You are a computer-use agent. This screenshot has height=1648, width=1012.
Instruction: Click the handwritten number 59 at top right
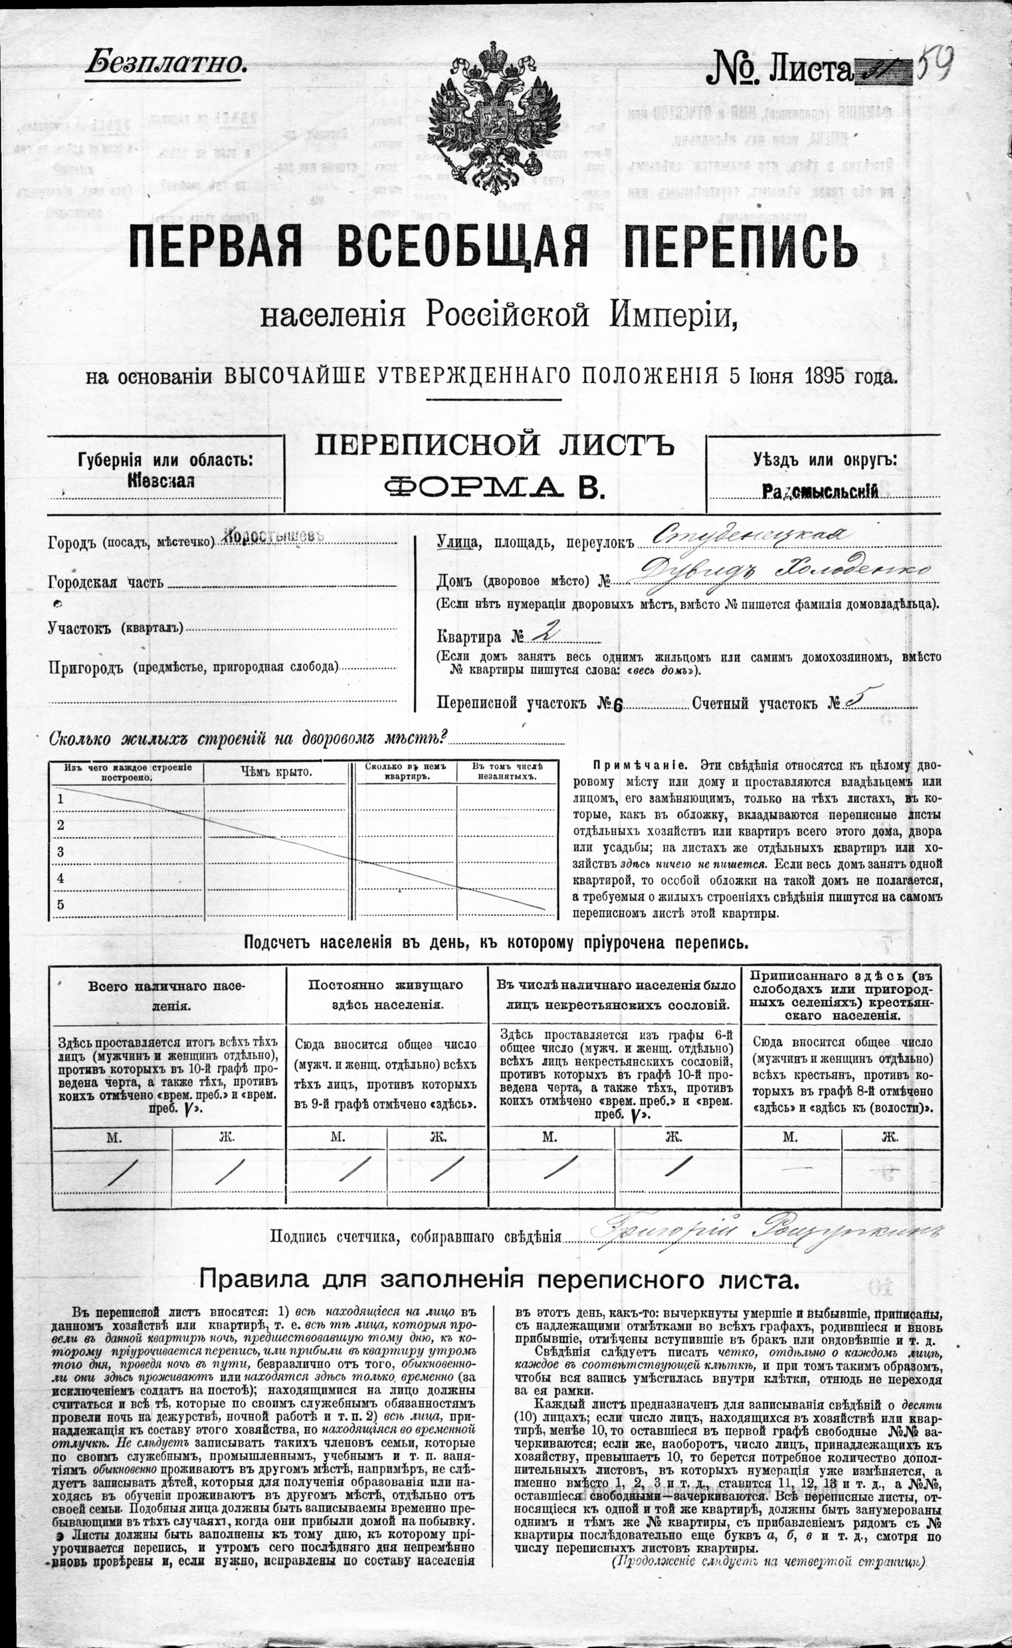[x=934, y=63]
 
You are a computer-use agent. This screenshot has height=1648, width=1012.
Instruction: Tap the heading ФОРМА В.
[x=495, y=487]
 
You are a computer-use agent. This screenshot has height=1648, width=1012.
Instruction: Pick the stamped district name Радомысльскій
[x=819, y=492]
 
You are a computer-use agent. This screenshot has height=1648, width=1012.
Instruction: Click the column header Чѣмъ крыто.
[x=276, y=772]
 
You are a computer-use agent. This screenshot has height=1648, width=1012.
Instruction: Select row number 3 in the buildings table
[x=60, y=852]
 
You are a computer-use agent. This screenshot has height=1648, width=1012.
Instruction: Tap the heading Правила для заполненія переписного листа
[x=498, y=1280]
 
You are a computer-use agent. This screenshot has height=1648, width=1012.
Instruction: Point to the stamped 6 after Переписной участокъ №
[x=618, y=705]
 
